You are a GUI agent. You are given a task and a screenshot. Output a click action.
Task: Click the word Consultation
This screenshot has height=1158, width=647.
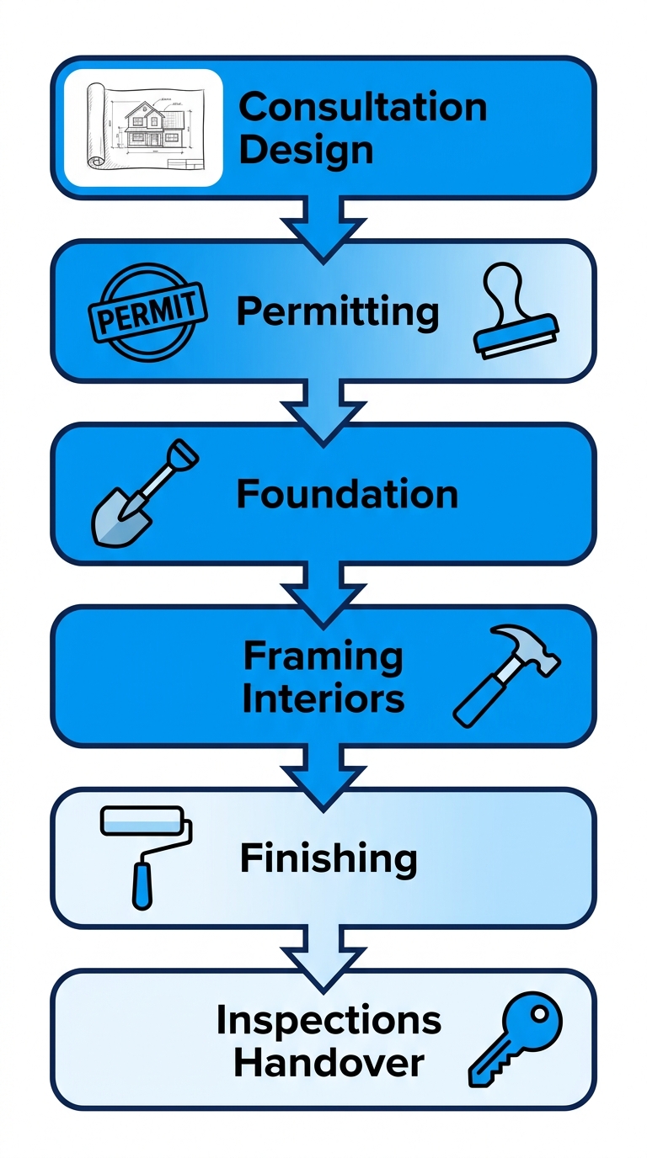pos(362,108)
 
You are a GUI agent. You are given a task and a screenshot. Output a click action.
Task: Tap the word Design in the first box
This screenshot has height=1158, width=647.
pos(306,150)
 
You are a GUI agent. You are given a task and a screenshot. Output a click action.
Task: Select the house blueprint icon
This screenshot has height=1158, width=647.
pos(143,128)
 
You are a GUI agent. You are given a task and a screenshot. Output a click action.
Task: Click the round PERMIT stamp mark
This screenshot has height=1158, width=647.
pos(148,311)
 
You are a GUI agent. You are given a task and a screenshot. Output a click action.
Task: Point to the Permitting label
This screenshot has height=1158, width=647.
pos(337,312)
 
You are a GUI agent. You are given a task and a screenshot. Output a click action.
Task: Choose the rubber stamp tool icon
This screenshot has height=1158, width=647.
pos(515,311)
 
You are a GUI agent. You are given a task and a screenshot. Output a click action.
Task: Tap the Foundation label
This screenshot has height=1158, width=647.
pos(346,493)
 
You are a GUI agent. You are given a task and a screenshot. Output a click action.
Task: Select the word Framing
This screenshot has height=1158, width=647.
pos(323,656)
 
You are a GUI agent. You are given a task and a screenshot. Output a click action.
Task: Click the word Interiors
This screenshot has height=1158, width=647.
pos(323,699)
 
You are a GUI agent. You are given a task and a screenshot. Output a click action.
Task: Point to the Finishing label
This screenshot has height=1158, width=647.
pos(329,858)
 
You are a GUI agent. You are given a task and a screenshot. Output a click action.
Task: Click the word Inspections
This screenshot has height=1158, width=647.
pos(329,1020)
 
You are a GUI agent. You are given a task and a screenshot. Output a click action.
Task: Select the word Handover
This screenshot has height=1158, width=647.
pos(329,1063)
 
